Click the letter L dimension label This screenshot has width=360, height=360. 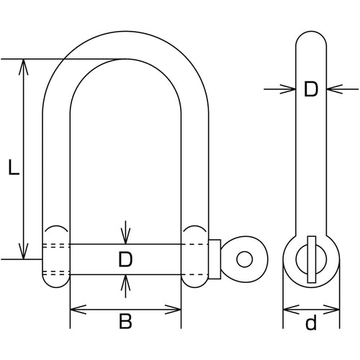click(14, 167)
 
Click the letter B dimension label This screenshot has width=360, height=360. click(125, 322)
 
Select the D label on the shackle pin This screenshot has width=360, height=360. click(125, 259)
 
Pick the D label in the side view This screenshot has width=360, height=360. click(311, 89)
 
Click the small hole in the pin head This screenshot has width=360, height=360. click(244, 259)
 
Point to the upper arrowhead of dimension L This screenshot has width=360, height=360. click(23, 67)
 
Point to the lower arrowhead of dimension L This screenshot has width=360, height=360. click(23, 251)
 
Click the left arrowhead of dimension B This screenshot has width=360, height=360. click(78, 310)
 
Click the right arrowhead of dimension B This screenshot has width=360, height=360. click(173, 310)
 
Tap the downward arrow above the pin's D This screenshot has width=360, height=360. click(125, 233)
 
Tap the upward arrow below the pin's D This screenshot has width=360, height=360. click(125, 286)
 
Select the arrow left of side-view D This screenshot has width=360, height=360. click(280, 89)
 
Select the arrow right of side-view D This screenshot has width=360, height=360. click(343, 89)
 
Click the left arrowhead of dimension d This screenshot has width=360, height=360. click(291, 310)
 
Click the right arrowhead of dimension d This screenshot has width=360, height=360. click(332, 310)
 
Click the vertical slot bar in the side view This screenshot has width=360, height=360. click(311, 259)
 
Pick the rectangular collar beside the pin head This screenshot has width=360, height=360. click(215, 259)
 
